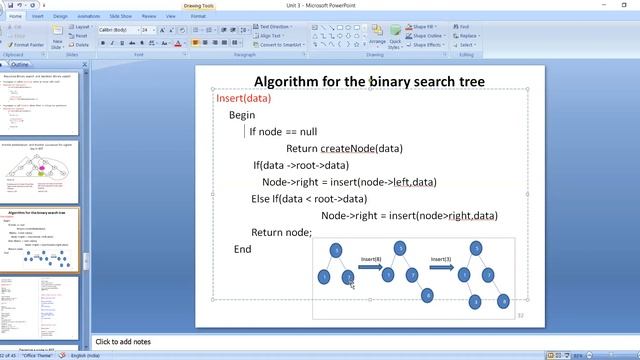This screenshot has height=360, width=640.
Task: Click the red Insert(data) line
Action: point(243,98)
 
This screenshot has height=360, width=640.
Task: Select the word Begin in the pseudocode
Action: point(242,115)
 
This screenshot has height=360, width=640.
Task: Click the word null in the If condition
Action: point(307,131)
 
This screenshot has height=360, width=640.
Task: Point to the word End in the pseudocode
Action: point(242,248)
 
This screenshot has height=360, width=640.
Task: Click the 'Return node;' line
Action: point(282,232)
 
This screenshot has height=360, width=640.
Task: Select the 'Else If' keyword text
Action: point(263,199)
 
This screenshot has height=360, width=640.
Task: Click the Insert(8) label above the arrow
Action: point(371,259)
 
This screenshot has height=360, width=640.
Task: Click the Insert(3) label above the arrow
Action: point(442,259)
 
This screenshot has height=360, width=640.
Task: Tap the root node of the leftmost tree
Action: point(337,249)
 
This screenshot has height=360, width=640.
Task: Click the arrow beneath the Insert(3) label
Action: point(442,268)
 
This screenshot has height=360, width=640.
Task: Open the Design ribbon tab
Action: point(61,16)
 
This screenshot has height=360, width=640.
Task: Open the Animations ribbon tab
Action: point(90,16)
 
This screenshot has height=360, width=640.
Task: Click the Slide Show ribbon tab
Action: point(123,16)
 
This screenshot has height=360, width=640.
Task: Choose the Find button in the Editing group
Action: point(466,27)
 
